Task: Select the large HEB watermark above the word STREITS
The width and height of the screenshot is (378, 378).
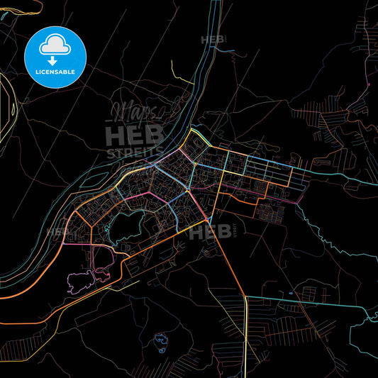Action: tap(135, 135)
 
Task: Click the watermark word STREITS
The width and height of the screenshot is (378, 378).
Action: tap(135, 152)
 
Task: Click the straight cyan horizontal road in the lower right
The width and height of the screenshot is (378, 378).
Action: tap(312, 299)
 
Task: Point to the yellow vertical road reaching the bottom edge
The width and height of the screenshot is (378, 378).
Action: tap(246, 340)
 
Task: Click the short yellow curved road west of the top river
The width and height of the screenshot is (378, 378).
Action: tap(177, 73)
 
